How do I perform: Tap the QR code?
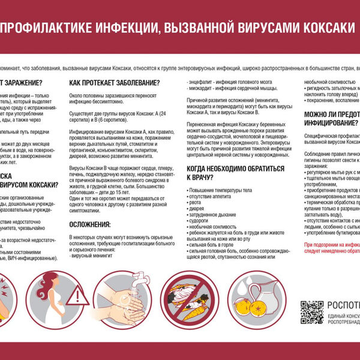click(x=311, y=313)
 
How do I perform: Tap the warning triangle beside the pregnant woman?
click(x=77, y=298)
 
